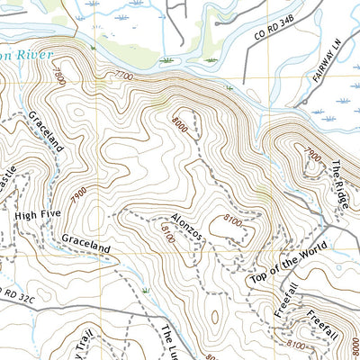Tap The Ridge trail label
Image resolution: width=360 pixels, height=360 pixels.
(338, 187)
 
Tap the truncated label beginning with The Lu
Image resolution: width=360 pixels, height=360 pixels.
(170, 342)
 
